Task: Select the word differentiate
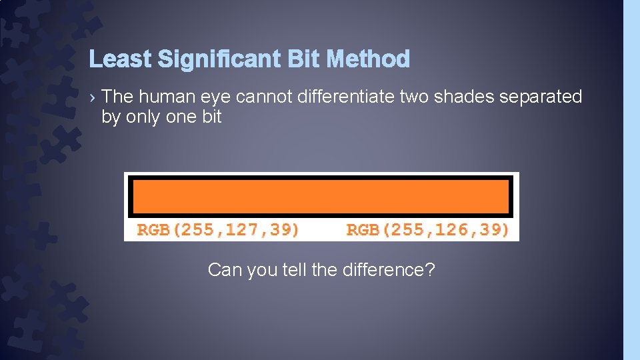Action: click(346, 97)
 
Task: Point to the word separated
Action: click(541, 97)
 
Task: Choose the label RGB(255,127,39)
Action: click(218, 230)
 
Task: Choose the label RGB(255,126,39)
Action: click(428, 230)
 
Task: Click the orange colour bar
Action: click(321, 197)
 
